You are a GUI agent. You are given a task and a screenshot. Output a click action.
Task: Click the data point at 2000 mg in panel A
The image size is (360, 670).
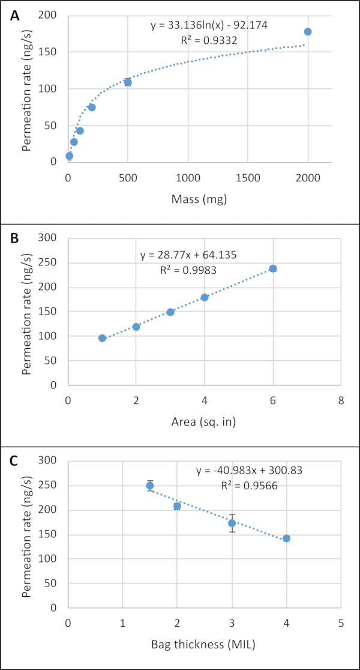coord(308,31)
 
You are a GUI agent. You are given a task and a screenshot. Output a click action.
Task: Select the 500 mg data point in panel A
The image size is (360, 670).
coord(128,82)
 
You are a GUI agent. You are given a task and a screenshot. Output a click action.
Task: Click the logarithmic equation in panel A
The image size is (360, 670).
coord(217,26)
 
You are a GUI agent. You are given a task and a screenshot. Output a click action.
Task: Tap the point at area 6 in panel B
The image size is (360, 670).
coord(273,268)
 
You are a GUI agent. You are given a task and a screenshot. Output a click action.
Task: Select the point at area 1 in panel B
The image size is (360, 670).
coord(102,338)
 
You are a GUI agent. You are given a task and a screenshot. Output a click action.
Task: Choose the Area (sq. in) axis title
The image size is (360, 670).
coord(205,422)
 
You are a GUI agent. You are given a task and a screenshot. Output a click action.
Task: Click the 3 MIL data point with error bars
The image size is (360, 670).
coord(232,523)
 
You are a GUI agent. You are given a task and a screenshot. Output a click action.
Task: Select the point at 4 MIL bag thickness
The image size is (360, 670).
coord(286,539)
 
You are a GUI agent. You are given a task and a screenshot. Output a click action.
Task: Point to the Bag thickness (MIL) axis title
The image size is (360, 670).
coord(204,645)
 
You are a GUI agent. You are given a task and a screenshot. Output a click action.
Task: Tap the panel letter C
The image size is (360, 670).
coord(14,462)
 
